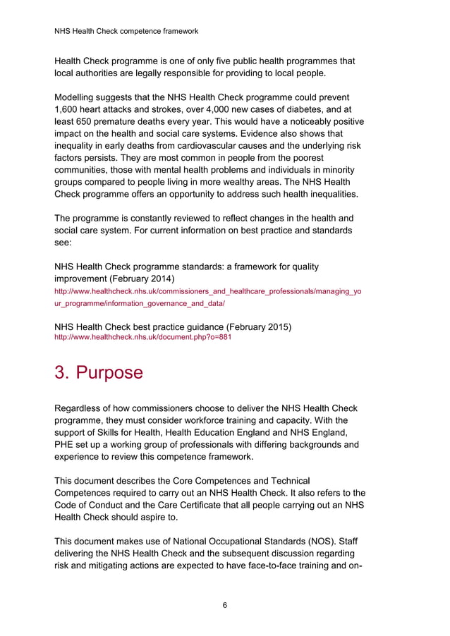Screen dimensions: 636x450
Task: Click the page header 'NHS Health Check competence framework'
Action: (126, 31)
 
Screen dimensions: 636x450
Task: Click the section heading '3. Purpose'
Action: (99, 372)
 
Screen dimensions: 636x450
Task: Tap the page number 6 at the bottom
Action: (224, 605)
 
